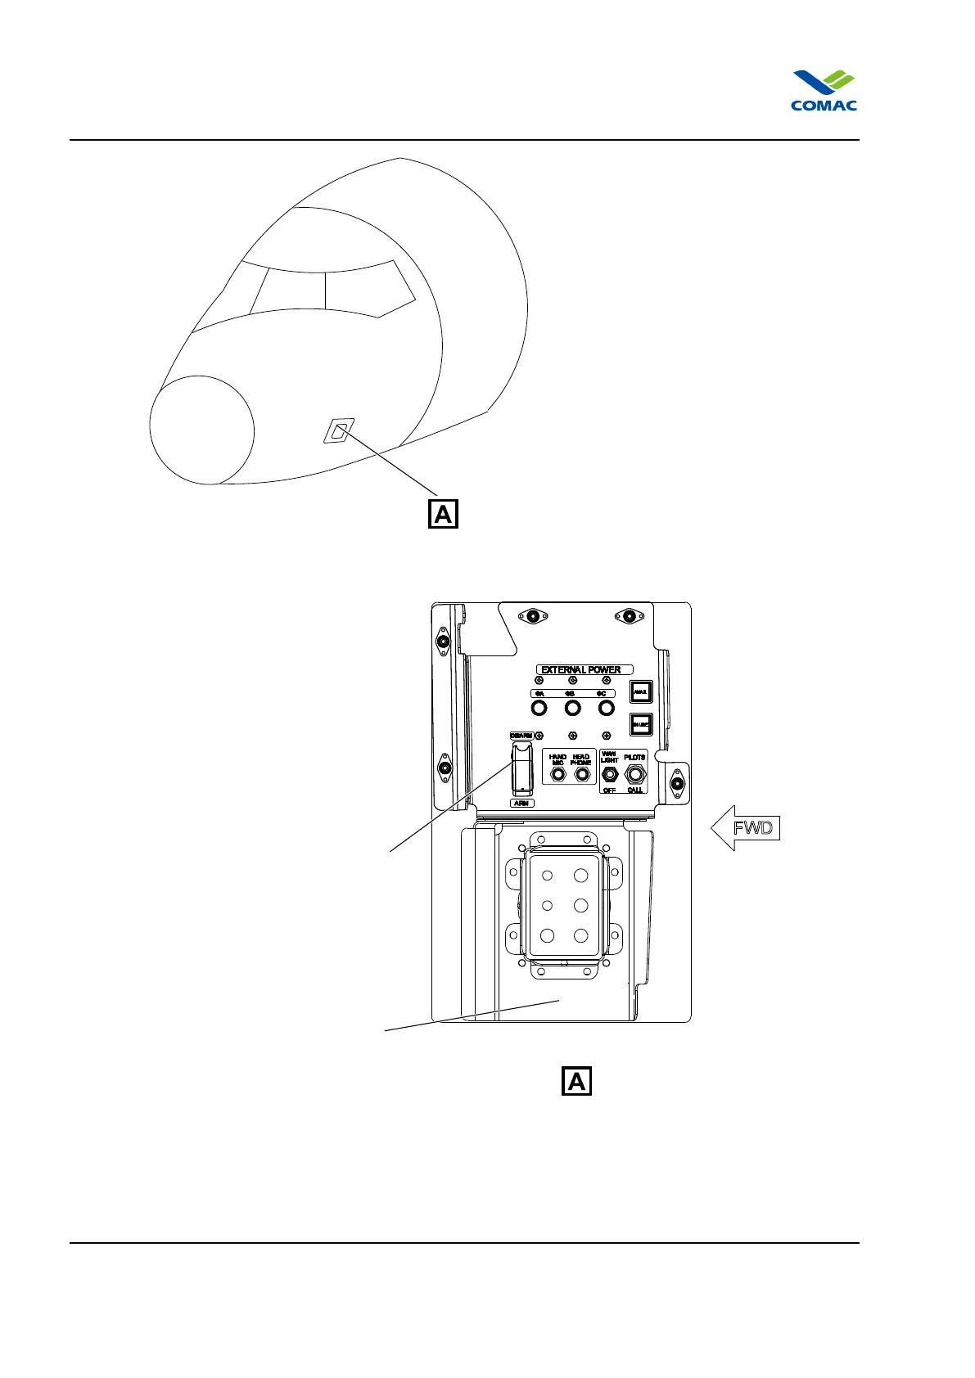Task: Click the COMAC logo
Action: [824, 90]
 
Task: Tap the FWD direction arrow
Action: [743, 827]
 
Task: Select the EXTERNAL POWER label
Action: [580, 669]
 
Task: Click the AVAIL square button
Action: [640, 692]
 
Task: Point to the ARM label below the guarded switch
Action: [521, 803]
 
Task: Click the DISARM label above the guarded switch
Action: [521, 736]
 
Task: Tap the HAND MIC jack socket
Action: [557, 773]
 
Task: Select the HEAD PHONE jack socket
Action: [582, 773]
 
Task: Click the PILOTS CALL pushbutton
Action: [634, 773]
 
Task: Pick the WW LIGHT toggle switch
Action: [609, 774]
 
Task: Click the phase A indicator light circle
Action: [539, 707]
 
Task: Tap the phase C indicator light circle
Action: [606, 707]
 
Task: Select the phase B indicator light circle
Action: [572, 707]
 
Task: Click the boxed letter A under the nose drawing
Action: [443, 514]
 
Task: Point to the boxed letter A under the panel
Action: [576, 1081]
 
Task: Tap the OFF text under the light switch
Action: [609, 790]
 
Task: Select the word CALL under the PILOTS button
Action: [634, 790]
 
